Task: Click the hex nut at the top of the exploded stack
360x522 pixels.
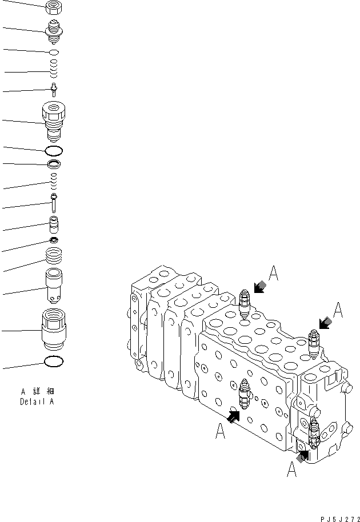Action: click(53, 7)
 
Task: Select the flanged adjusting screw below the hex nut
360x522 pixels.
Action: click(54, 31)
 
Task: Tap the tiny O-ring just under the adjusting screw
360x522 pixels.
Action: click(54, 52)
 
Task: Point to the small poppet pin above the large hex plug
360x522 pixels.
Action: click(54, 89)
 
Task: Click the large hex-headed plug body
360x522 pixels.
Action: click(54, 121)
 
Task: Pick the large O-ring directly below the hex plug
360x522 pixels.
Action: click(54, 151)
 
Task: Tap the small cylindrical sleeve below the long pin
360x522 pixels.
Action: click(54, 224)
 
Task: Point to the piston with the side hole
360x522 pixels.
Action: click(54, 288)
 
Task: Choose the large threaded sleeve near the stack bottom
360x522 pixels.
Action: click(54, 329)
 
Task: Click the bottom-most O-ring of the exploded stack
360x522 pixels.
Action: click(54, 362)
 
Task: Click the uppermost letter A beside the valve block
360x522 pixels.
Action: click(274, 275)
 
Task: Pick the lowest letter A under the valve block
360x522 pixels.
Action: click(291, 470)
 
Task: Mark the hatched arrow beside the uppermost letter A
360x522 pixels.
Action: click(261, 287)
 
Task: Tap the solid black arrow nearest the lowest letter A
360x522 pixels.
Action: click(303, 455)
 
